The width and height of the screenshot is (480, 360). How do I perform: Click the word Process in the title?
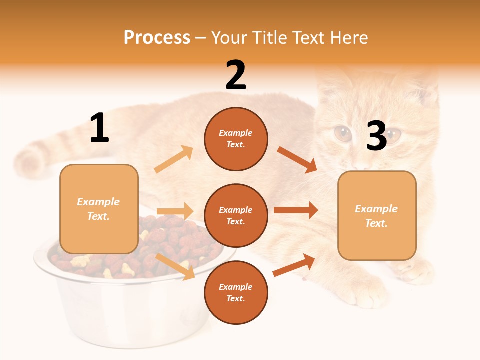point(157,37)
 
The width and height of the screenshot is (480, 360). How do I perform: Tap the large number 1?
point(99,128)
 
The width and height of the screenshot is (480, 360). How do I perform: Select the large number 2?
point(236,75)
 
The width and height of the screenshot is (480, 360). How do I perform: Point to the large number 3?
point(376,136)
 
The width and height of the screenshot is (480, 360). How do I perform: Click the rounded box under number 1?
point(99,209)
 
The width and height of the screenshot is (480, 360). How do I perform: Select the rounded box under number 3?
point(377,216)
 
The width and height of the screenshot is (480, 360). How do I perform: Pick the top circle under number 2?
point(236,138)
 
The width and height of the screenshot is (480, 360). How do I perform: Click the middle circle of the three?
point(236,215)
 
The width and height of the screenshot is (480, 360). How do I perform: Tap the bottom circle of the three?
point(236,292)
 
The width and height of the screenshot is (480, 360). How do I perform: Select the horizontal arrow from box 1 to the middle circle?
point(175,211)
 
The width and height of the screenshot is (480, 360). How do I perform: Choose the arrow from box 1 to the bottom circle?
point(175,266)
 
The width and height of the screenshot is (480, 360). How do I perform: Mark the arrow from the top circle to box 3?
point(297,159)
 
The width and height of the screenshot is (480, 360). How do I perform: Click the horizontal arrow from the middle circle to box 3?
point(296,210)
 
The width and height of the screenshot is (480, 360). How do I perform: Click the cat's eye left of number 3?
point(343,133)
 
